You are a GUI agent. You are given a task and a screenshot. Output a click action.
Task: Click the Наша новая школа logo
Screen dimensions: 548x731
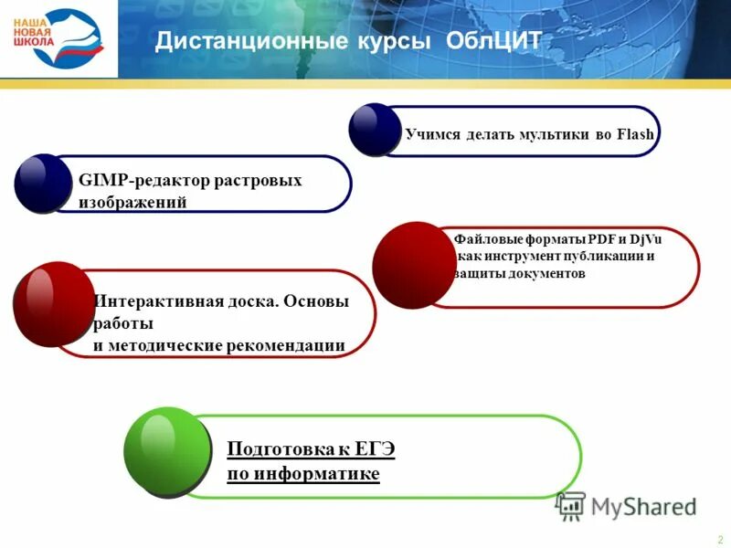pyautogui.click(x=58, y=39)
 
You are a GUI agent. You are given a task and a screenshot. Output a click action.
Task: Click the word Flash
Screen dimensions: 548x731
pyautogui.click(x=635, y=135)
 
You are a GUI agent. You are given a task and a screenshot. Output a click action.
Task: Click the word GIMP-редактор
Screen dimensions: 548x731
pyautogui.click(x=132, y=180)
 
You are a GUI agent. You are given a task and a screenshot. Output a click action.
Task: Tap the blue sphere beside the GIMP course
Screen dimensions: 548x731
pyautogui.click(x=43, y=183)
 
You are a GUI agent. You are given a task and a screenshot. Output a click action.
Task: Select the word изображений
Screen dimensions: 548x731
pyautogui.click(x=132, y=203)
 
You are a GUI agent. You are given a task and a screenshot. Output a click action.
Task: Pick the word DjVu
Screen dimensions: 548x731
pyautogui.click(x=646, y=238)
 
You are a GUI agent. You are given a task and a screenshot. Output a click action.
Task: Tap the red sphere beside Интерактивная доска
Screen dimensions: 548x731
pyautogui.click(x=54, y=304)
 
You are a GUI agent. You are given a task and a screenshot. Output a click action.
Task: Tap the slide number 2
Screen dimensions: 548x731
pyautogui.click(x=720, y=539)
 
